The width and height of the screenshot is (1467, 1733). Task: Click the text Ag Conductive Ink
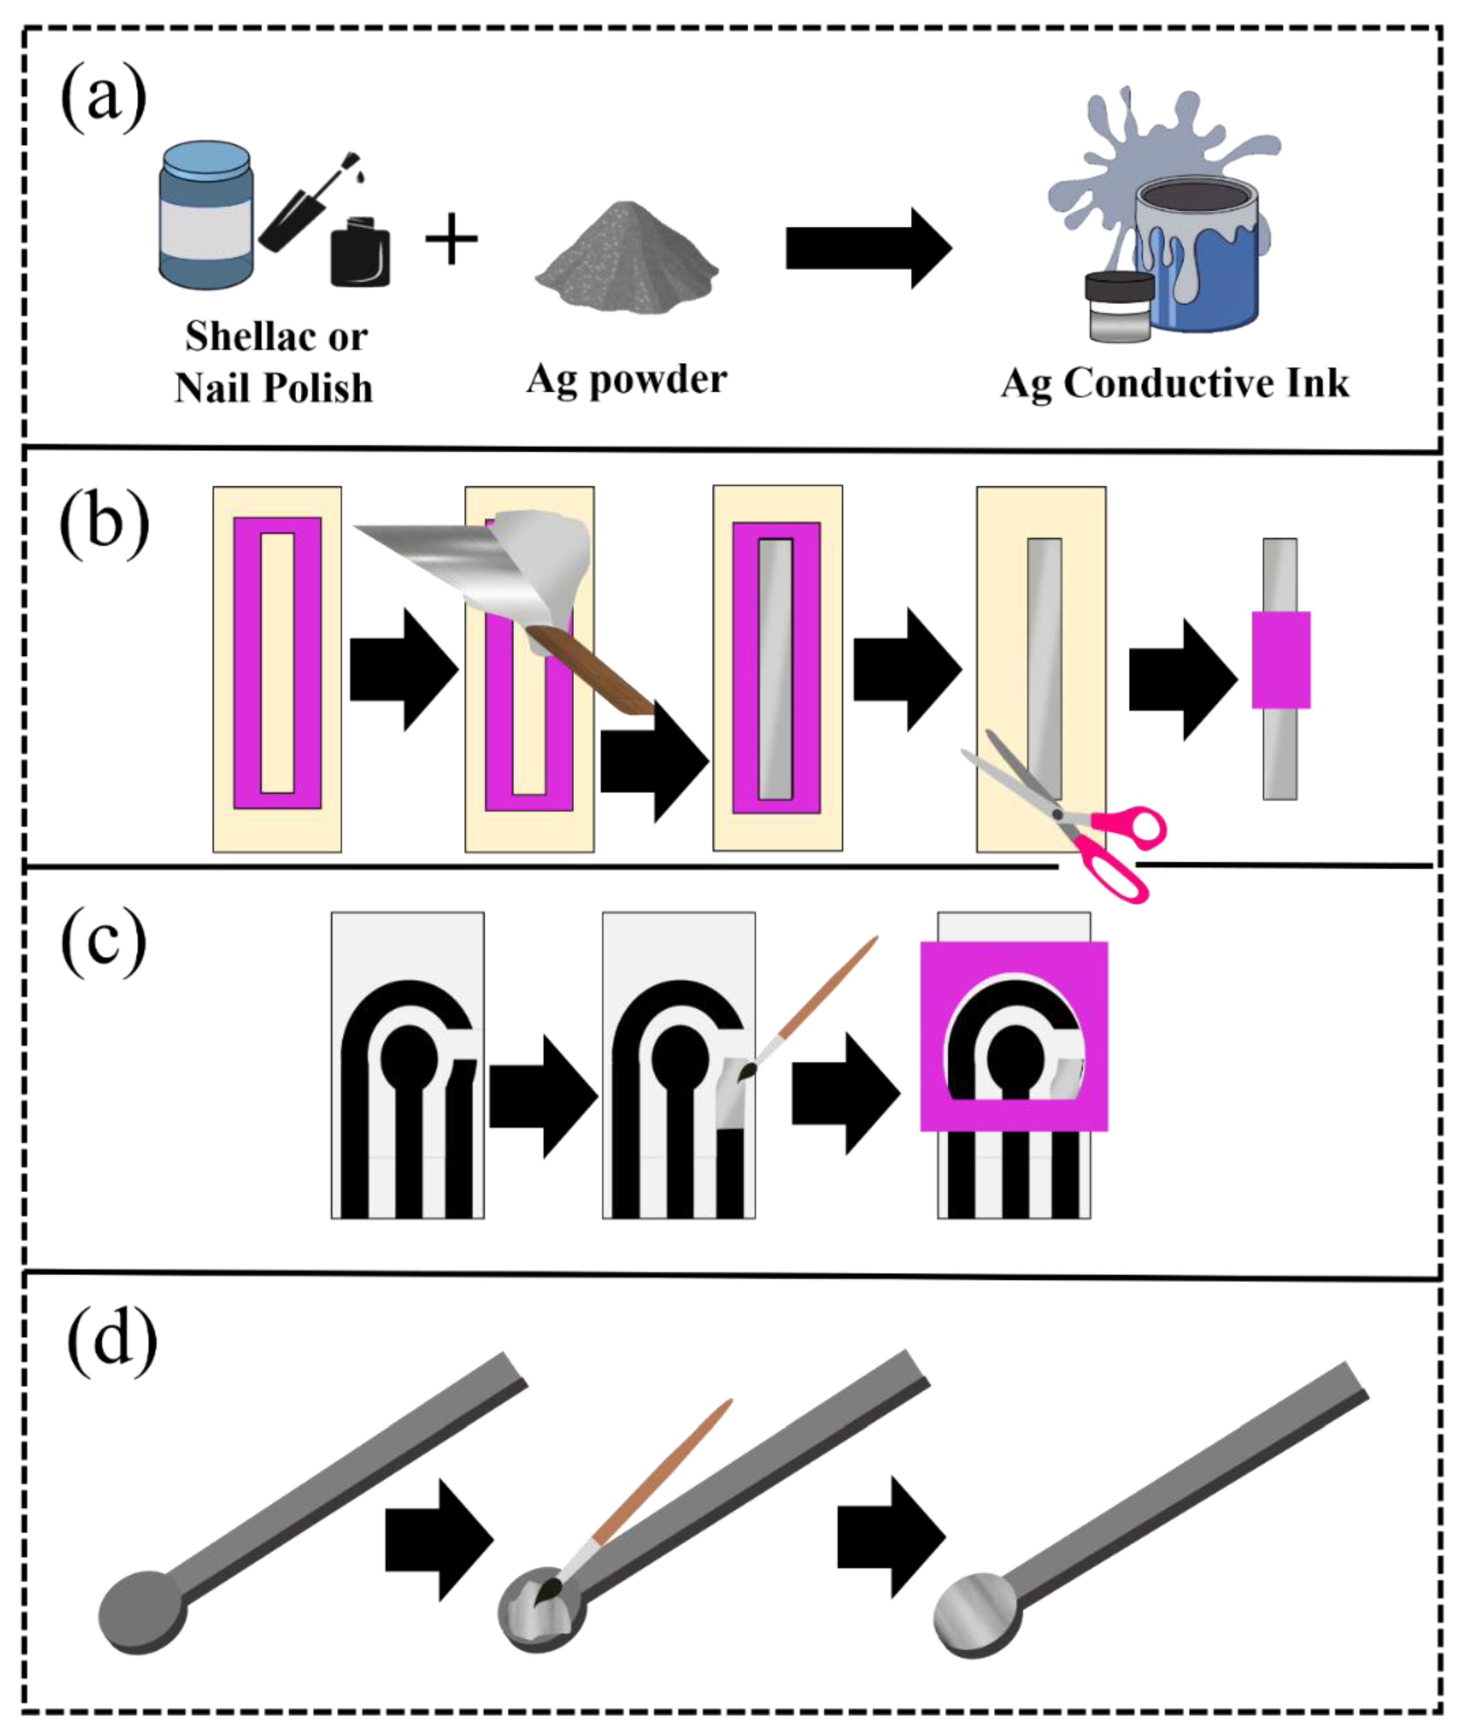pos(1174,384)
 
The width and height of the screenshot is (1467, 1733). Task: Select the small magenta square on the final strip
pos(1281,659)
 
